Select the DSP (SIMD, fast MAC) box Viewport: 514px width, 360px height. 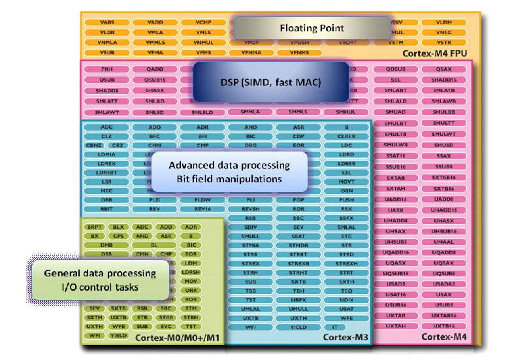[x=270, y=81]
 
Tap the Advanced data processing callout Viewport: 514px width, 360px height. [x=229, y=172]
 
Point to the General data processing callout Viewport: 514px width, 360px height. [x=99, y=279]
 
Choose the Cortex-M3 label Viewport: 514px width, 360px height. [x=345, y=336]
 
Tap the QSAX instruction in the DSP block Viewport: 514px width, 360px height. [x=443, y=69]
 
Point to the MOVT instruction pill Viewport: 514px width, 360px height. [x=347, y=181]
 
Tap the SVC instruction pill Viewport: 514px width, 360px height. [x=167, y=325]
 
